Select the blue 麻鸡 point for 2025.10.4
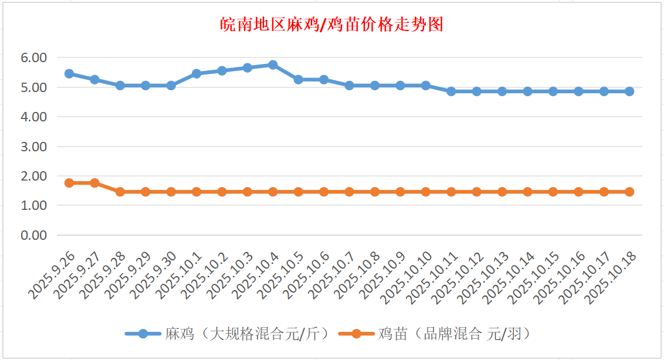coord(273,65)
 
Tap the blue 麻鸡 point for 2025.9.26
coord(69,74)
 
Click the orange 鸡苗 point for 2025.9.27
coord(94,183)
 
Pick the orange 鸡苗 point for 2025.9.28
coord(120,192)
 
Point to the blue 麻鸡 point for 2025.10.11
coord(451,91)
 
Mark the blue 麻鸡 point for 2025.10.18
coord(629,91)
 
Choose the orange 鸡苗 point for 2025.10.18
coord(629,192)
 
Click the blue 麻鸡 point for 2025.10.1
coord(197,74)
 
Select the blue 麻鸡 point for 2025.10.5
coord(298,80)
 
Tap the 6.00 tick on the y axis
coord(33,58)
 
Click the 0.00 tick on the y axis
coord(33,235)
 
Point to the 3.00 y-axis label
coord(33,147)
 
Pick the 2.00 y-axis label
coord(33,176)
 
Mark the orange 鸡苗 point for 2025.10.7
coord(349,192)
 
